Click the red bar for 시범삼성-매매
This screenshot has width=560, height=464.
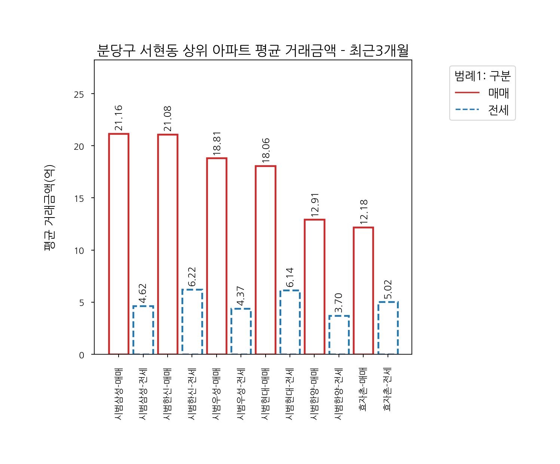[119, 244]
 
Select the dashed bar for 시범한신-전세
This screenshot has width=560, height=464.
[192, 322]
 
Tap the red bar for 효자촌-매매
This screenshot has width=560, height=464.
[363, 291]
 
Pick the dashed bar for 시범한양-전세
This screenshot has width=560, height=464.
[339, 335]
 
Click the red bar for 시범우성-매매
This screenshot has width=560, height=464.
[217, 256]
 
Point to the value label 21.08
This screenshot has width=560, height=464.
[168, 119]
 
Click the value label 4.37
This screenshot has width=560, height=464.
[241, 296]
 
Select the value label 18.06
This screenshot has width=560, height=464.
[266, 151]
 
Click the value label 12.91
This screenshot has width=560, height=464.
[315, 204]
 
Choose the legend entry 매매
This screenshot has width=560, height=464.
[498, 93]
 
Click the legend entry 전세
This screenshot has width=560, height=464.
[498, 110]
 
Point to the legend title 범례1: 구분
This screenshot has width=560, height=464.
[482, 76]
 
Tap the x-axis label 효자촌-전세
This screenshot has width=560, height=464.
[388, 389]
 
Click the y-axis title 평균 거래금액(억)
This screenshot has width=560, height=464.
[50, 207]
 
